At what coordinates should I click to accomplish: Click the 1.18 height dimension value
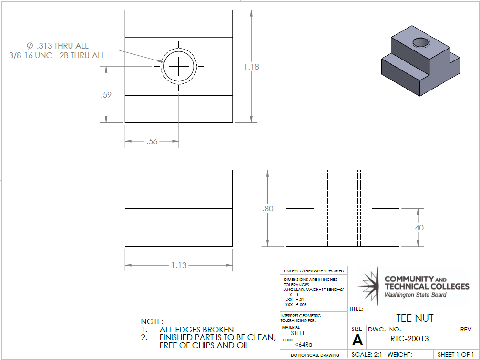[251, 67]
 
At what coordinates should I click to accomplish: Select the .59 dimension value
[106, 95]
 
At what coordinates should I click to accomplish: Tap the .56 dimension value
[152, 141]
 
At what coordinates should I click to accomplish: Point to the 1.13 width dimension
[179, 265]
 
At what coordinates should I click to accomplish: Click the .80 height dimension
[267, 209]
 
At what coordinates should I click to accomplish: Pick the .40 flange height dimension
[418, 228]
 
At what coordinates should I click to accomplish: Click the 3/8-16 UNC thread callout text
[57, 55]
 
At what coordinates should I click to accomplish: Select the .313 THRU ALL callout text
[58, 46]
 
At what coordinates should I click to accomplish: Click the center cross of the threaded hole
[179, 66]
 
